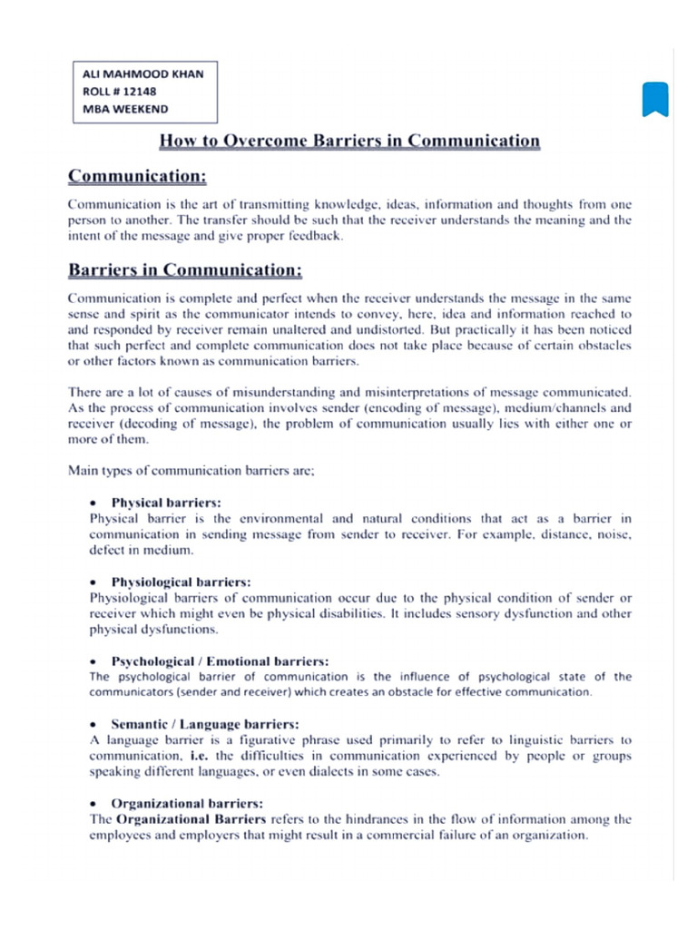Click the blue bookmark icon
[655, 99]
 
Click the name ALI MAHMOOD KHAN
[142, 74]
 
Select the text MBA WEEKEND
[125, 109]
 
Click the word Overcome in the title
[266, 141]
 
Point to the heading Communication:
[138, 173]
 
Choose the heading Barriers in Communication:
[185, 270]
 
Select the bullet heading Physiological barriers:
[181, 581]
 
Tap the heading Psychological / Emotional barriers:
[220, 660]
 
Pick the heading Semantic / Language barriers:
[204, 724]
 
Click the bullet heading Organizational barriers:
[187, 803]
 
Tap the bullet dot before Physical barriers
[94, 503]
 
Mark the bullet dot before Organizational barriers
[94, 804]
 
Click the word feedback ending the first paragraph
[315, 236]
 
